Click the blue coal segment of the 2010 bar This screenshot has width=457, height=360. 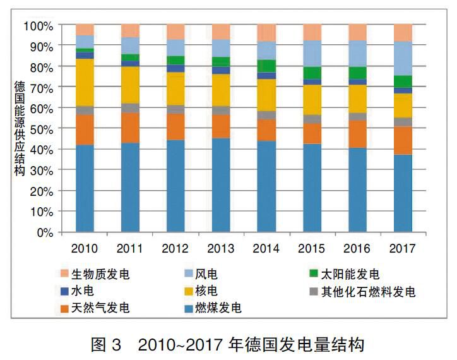[x=85, y=188]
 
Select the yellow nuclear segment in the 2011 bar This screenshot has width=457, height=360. [x=130, y=85]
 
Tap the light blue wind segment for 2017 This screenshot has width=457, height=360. [x=403, y=58]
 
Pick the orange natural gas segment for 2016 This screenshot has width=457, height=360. [x=357, y=134]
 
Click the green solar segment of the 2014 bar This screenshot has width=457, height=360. [x=266, y=66]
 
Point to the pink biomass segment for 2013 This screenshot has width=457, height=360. [x=221, y=32]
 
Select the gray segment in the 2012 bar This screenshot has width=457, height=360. [x=175, y=109]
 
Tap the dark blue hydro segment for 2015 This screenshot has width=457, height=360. [x=312, y=81]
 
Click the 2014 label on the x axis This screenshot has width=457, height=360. [x=266, y=248]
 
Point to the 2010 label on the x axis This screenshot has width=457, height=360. [x=85, y=248]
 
